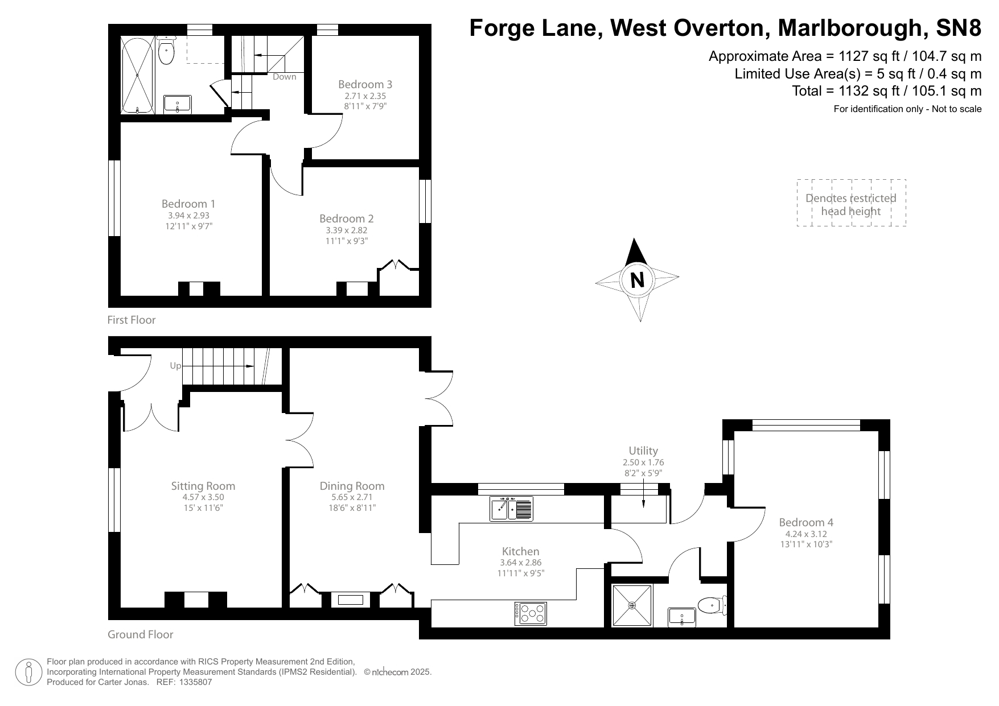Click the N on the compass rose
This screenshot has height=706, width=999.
[x=637, y=280]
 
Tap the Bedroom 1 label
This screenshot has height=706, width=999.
[x=188, y=204]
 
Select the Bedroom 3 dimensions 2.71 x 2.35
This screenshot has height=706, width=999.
[x=365, y=96]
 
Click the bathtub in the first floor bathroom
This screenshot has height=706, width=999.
[x=137, y=75]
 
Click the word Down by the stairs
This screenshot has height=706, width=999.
[x=284, y=77]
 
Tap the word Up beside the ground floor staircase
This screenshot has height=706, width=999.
[x=175, y=366]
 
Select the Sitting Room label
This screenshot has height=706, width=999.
[x=203, y=486]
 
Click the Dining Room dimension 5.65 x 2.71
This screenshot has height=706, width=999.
[x=352, y=497]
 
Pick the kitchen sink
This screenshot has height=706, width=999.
[x=511, y=508]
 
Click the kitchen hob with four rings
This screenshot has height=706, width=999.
[x=531, y=613]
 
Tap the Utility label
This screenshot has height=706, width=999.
[x=643, y=451]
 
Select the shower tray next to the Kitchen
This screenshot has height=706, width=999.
[x=632, y=605]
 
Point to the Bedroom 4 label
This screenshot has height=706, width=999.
[x=805, y=522]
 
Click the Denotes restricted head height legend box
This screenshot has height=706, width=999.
[x=850, y=204]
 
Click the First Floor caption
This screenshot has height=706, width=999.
[x=131, y=320]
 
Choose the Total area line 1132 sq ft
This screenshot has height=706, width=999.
[x=886, y=90]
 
